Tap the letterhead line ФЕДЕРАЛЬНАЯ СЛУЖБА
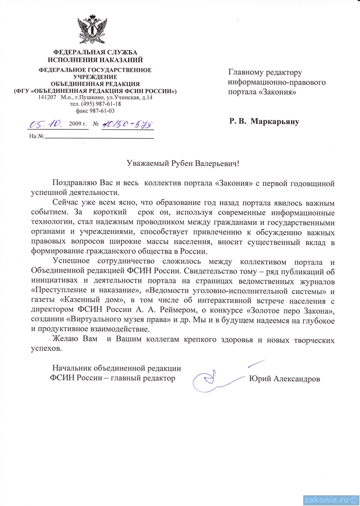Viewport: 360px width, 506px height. click(95, 52)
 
